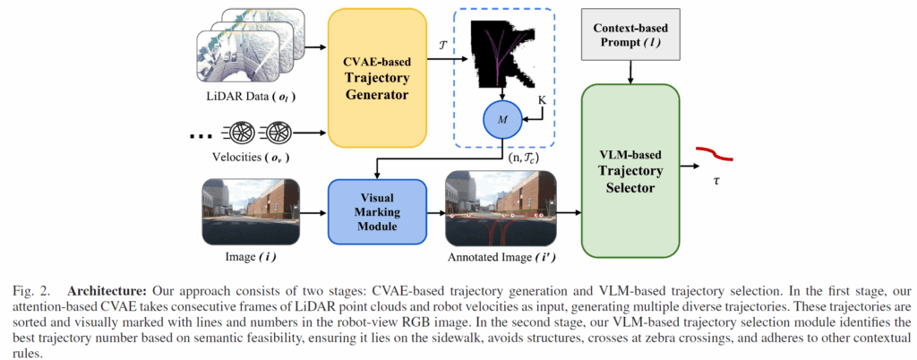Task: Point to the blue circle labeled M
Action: click(x=501, y=118)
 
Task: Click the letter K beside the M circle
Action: click(x=540, y=101)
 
